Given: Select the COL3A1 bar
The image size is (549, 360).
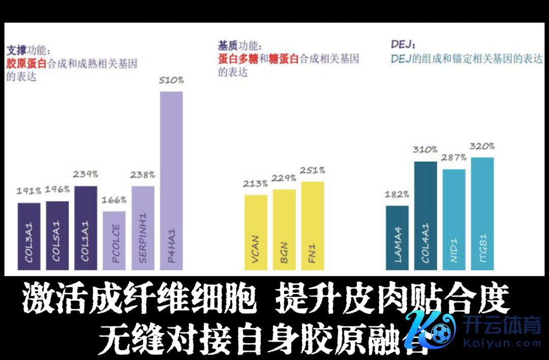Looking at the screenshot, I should click(29, 236).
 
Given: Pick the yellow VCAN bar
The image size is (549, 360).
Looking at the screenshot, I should click(256, 231).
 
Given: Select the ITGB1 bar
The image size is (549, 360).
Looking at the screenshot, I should click(482, 213).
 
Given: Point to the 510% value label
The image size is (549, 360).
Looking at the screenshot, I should click(171, 80).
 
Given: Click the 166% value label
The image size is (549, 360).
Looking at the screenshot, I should click(114, 200).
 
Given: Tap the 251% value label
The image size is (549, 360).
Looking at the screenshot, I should click(313, 170).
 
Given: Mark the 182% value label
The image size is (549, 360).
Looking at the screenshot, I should click(397, 194).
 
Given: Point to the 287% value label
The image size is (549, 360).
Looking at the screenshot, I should click(454, 158).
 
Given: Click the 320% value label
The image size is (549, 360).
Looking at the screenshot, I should click(482, 146).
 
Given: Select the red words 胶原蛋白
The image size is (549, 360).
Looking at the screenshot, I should click(26, 64).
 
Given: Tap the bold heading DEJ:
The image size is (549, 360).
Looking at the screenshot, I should click(403, 45).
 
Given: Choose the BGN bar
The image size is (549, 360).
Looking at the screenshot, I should click(284, 229).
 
